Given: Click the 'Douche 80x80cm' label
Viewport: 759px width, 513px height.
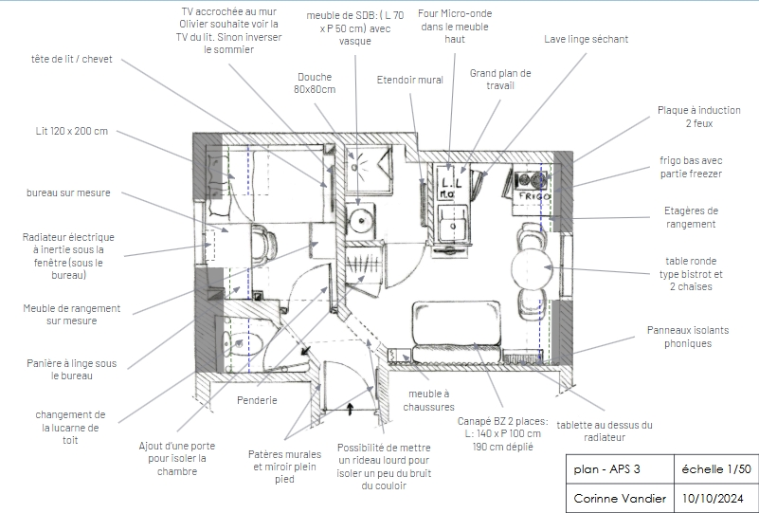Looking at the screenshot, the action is [x=315, y=82].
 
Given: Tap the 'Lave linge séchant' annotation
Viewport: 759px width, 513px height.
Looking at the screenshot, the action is [x=586, y=39].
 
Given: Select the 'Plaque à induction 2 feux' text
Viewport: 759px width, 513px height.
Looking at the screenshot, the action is [x=699, y=117].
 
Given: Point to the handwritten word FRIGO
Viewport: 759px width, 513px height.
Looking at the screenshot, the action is [x=534, y=196].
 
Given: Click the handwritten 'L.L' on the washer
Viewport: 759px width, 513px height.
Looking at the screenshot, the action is [x=452, y=183].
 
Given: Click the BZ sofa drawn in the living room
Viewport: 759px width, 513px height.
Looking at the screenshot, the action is [x=456, y=332].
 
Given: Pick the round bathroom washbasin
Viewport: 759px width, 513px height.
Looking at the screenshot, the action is [x=360, y=220].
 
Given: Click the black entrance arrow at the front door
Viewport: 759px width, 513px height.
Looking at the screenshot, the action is [x=350, y=410].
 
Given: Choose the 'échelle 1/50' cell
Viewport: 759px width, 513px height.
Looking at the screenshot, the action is [x=716, y=469].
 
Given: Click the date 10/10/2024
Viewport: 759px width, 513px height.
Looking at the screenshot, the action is [x=713, y=498].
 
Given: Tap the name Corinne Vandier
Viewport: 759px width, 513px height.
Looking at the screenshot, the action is [x=620, y=498].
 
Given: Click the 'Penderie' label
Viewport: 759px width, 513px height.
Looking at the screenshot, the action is [x=257, y=400].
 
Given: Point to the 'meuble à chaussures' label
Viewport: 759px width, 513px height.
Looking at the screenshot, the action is [x=429, y=400].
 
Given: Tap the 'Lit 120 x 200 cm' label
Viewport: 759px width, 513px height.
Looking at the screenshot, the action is [x=72, y=131].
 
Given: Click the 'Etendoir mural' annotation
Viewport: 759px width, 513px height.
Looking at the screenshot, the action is [x=410, y=80].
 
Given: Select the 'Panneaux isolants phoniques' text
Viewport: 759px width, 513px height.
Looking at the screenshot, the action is [x=688, y=337].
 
